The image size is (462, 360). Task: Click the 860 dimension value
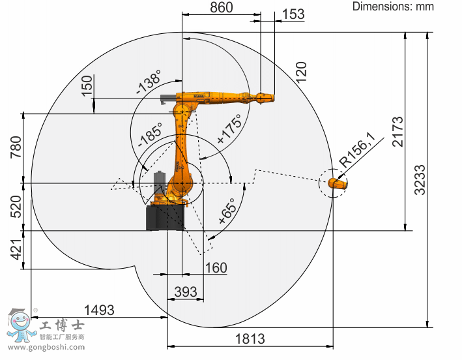pyautogui.click(x=222, y=7)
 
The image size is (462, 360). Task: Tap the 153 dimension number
pyautogui.click(x=293, y=14)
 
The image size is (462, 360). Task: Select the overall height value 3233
pyautogui.click(x=420, y=180)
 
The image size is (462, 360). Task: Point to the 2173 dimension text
pyautogui.click(x=397, y=132)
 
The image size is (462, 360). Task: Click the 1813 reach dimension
pyautogui.click(x=250, y=338)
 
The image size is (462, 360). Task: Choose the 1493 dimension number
pyautogui.click(x=99, y=310)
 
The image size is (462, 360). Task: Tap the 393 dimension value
pyautogui.click(x=186, y=292)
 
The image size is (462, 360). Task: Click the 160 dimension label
pyautogui.click(x=216, y=267)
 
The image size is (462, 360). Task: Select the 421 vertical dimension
pyautogui.click(x=16, y=250)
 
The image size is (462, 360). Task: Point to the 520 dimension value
pyautogui.click(x=16, y=206)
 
